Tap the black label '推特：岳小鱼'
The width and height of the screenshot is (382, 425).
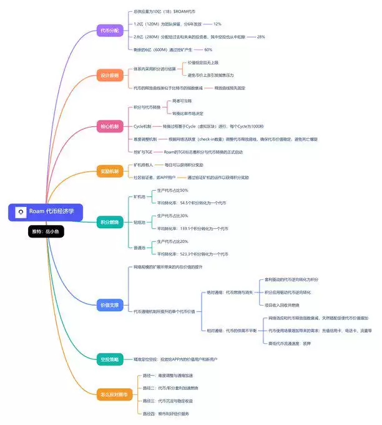46,231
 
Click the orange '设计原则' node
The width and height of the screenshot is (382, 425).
110,75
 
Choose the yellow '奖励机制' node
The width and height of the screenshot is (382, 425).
110,171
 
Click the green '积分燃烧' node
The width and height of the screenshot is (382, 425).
110,222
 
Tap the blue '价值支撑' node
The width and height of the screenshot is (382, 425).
110,306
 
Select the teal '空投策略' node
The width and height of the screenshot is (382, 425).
110,359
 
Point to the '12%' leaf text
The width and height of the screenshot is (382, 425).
217,24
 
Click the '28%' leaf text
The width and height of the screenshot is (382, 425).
260,37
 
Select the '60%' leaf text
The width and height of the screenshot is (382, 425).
208,49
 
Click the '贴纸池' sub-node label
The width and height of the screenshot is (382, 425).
139,222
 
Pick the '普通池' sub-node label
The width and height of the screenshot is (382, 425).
139,247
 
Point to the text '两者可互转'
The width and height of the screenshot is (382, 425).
182,101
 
